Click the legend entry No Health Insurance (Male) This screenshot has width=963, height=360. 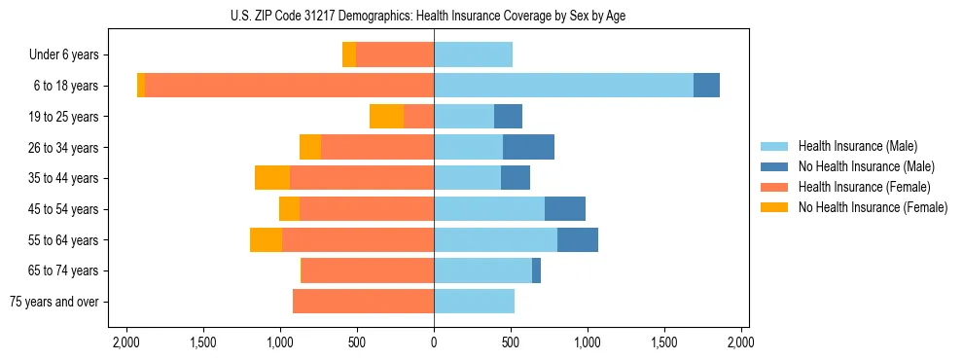click(x=866, y=166)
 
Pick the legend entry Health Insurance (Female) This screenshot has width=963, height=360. click(x=864, y=187)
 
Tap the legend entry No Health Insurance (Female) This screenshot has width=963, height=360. click(x=872, y=207)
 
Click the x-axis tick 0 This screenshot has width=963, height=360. click(x=434, y=342)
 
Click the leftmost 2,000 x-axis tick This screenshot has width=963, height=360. click(x=126, y=342)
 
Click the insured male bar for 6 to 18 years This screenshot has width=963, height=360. click(x=563, y=86)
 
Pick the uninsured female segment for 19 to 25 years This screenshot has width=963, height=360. click(x=386, y=117)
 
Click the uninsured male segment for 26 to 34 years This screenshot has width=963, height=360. click(x=528, y=147)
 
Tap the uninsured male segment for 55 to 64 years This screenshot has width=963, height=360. click(x=578, y=239)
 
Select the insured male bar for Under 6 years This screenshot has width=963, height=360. click(x=473, y=55)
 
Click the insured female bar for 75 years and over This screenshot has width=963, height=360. click(x=363, y=302)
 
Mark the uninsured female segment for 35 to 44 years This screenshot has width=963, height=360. click(x=272, y=178)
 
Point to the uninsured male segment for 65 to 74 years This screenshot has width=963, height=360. click(x=536, y=270)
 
